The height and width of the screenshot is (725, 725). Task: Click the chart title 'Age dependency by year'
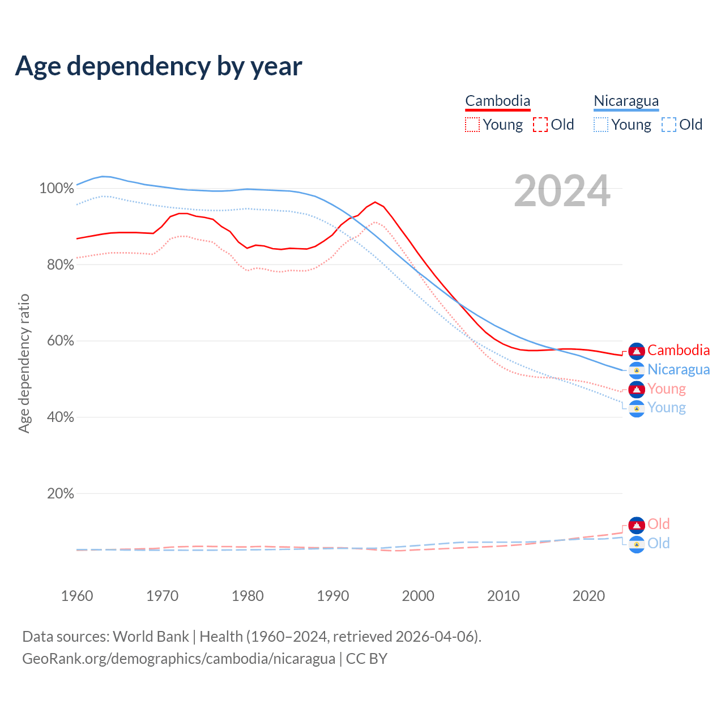tap(159, 66)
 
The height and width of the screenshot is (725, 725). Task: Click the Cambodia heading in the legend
tap(498, 101)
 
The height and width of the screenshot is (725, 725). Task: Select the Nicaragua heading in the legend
tap(626, 101)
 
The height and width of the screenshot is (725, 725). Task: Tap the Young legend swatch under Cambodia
tap(472, 125)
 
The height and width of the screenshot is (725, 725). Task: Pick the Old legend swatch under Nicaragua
tap(669, 125)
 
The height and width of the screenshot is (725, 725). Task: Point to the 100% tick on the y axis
tap(57, 188)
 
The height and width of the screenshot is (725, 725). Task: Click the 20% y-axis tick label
tap(60, 493)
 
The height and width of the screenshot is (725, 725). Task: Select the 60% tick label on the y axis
tap(60, 341)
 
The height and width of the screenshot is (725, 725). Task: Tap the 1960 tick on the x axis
tap(77, 596)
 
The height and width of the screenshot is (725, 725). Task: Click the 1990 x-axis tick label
tap(333, 596)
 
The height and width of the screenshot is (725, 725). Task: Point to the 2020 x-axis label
tap(588, 596)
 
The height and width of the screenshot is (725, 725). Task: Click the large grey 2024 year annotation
tap(562, 191)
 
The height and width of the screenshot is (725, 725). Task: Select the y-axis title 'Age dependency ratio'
tap(24, 363)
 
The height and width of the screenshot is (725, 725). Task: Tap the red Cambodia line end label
tap(679, 351)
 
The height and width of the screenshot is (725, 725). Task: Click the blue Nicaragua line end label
tap(679, 369)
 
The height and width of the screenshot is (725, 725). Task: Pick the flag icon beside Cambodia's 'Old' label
tap(637, 525)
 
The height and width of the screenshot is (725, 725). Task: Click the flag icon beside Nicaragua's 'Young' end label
tap(637, 408)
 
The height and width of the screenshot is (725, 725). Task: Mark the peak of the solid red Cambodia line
tap(375, 202)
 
